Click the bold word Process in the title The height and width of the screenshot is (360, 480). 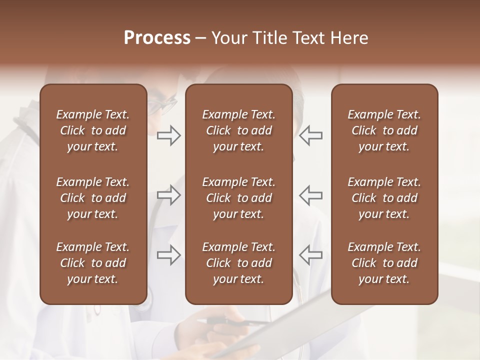pyautogui.click(x=157, y=38)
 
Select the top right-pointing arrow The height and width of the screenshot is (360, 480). pyautogui.click(x=169, y=135)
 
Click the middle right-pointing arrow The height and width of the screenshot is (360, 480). pyautogui.click(x=169, y=195)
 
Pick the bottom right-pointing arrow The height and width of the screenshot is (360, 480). pyautogui.click(x=169, y=255)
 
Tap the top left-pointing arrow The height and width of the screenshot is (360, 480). pyautogui.click(x=310, y=135)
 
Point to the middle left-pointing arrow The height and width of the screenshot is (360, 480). pyautogui.click(x=310, y=195)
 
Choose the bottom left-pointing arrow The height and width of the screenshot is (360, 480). pyautogui.click(x=310, y=255)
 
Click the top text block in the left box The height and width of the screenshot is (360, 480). pyautogui.click(x=93, y=130)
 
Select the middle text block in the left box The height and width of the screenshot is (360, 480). pyautogui.click(x=93, y=198)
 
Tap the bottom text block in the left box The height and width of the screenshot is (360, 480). pyautogui.click(x=93, y=263)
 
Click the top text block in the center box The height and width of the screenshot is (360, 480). pyautogui.click(x=238, y=130)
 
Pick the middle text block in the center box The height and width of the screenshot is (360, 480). pyautogui.click(x=238, y=198)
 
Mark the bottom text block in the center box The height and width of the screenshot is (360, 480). pyautogui.click(x=238, y=263)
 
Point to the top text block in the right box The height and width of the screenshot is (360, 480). pyautogui.click(x=384, y=130)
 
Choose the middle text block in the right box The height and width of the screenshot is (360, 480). pyautogui.click(x=384, y=198)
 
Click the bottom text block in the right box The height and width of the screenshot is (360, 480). pyautogui.click(x=384, y=263)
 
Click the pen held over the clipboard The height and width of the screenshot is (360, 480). pyautogui.click(x=235, y=321)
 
